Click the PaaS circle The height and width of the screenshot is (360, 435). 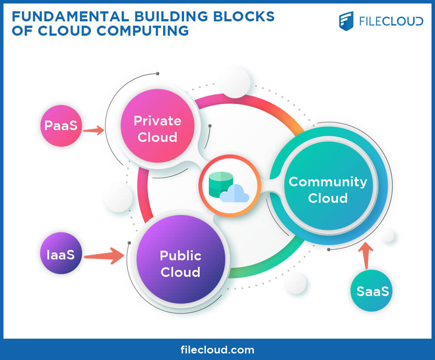point(61,126)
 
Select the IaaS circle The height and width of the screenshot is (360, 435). point(61,254)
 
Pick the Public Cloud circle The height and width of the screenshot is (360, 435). point(181,263)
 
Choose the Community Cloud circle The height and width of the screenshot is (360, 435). point(328,189)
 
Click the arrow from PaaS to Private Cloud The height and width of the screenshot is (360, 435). point(93,129)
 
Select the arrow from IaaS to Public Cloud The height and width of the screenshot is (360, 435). point(104,256)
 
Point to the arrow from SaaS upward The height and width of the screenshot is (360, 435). point(366,256)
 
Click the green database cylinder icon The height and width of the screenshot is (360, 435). point(220,183)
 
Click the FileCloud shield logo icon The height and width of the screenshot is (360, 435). point(346,21)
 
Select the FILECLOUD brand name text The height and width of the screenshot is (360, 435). point(391,21)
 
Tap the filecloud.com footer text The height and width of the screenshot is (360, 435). point(217,350)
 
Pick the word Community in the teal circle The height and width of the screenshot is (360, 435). point(328,182)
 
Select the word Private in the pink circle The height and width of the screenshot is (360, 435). point(157,121)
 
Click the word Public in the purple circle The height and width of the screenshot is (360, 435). point(181,256)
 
